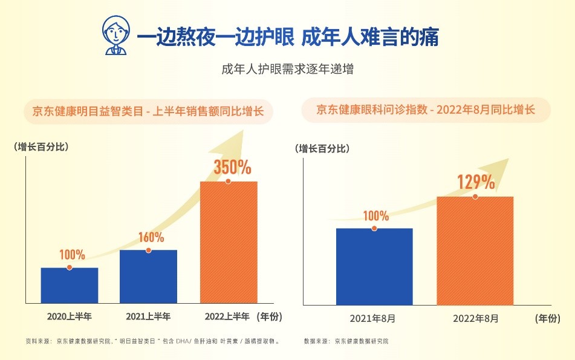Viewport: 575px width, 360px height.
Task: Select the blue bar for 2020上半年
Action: (x=70, y=285)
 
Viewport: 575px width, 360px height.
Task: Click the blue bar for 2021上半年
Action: (x=148, y=277)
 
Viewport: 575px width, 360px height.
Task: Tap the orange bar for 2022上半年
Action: (x=229, y=242)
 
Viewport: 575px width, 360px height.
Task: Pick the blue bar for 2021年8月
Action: (x=374, y=266)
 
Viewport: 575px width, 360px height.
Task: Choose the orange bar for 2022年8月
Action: (x=475, y=250)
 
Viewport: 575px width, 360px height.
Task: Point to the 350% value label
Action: (x=233, y=166)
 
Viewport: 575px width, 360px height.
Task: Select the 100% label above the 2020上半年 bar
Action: (x=72, y=255)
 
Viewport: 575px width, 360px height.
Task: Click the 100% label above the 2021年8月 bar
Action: (x=376, y=216)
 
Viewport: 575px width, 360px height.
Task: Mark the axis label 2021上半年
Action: (x=148, y=316)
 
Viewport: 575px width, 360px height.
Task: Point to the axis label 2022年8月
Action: (x=475, y=318)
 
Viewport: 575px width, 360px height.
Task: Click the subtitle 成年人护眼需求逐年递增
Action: (x=288, y=69)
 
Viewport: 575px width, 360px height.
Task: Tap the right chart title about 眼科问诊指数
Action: (x=426, y=110)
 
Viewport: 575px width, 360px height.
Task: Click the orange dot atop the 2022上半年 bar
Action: (x=228, y=181)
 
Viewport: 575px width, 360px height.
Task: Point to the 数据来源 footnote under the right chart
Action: (x=346, y=341)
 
